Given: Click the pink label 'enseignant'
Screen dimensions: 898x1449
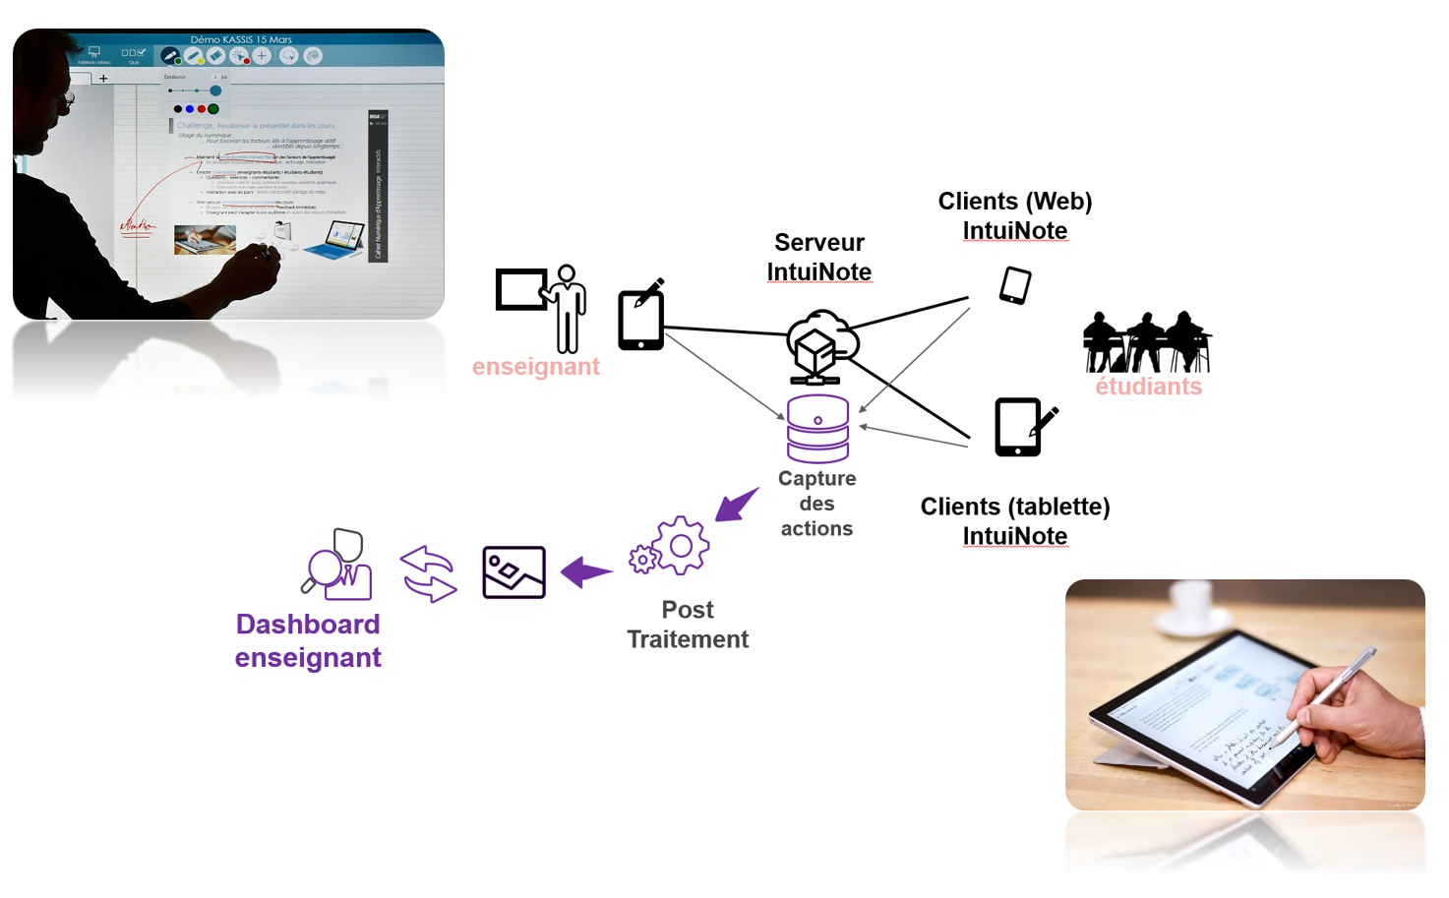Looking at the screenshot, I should pyautogui.click(x=535, y=367).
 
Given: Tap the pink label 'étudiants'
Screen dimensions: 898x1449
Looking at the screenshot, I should pyautogui.click(x=1148, y=387).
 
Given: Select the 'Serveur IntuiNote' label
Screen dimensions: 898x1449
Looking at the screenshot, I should pyautogui.click(x=818, y=257).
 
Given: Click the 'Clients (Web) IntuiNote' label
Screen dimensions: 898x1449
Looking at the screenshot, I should pyautogui.click(x=1014, y=215).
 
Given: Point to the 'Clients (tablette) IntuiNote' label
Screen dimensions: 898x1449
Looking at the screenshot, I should pyautogui.click(x=1014, y=520).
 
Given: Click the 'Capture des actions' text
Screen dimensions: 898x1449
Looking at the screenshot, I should pyautogui.click(x=816, y=504).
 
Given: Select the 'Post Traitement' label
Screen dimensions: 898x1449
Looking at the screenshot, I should pyautogui.click(x=688, y=625).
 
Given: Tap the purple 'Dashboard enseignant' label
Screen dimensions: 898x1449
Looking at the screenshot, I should pyautogui.click(x=308, y=640).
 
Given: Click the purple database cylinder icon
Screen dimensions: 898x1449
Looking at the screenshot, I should pyautogui.click(x=817, y=429).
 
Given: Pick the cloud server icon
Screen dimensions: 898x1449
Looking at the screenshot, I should pyautogui.click(x=821, y=345).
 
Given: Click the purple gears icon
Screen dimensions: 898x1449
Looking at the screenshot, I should pyautogui.click(x=671, y=547).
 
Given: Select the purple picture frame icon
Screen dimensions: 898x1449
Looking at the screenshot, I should pyautogui.click(x=513, y=572).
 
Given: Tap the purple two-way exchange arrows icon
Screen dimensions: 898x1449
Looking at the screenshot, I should pyautogui.click(x=429, y=573).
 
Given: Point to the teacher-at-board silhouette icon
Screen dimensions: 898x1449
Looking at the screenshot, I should pyautogui.click(x=543, y=307).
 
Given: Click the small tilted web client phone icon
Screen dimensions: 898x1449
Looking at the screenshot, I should pyautogui.click(x=1015, y=285).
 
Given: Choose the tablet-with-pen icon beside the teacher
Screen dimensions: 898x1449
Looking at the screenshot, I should pyautogui.click(x=642, y=315).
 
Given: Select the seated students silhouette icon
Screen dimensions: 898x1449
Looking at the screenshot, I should pyautogui.click(x=1146, y=340).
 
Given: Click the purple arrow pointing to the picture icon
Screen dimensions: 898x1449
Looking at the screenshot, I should pyautogui.click(x=586, y=571).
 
